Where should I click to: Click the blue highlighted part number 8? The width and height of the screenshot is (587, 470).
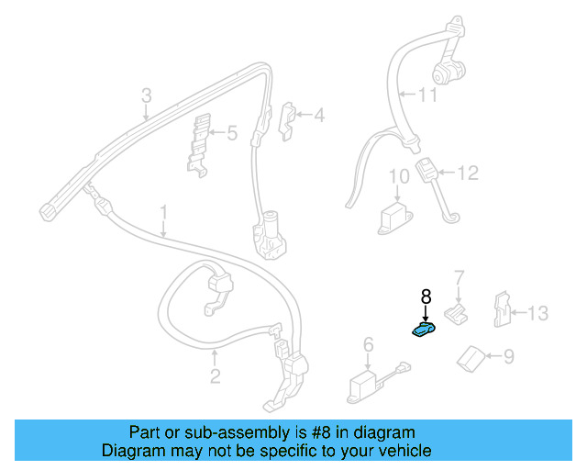click(x=424, y=329)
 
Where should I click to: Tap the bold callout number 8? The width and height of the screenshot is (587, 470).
click(x=426, y=297)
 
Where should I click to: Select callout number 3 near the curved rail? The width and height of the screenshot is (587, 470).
click(x=147, y=95)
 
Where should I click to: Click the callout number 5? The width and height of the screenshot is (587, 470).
click(x=232, y=133)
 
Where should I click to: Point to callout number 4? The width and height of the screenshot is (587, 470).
click(x=319, y=115)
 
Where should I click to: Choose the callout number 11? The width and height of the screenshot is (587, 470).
click(x=427, y=95)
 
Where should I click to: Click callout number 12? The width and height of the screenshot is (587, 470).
click(x=468, y=173)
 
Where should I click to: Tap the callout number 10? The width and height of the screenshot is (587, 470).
click(x=399, y=176)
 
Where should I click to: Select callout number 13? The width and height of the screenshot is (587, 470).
click(x=538, y=313)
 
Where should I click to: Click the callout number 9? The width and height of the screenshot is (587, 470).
click(x=509, y=355)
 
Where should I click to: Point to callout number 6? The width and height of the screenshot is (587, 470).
click(x=369, y=344)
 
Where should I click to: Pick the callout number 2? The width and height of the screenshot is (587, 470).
click(x=215, y=376)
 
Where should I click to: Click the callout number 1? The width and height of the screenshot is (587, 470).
click(x=163, y=212)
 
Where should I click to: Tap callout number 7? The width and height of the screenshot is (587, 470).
click(x=460, y=278)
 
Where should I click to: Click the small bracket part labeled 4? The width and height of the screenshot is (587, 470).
click(x=287, y=121)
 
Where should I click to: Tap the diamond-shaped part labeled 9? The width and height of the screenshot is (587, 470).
click(x=471, y=359)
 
